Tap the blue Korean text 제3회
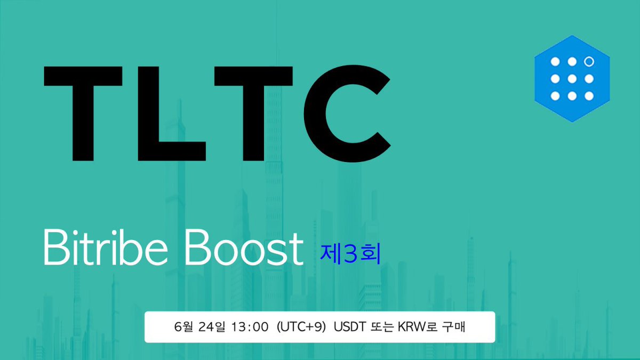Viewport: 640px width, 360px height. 350,254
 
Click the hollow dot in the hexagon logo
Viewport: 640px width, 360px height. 589,62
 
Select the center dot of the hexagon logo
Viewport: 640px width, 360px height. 572,79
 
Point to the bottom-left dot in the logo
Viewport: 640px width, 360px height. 555,96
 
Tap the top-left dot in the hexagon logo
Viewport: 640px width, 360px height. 555,62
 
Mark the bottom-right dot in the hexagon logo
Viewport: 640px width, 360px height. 589,96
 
